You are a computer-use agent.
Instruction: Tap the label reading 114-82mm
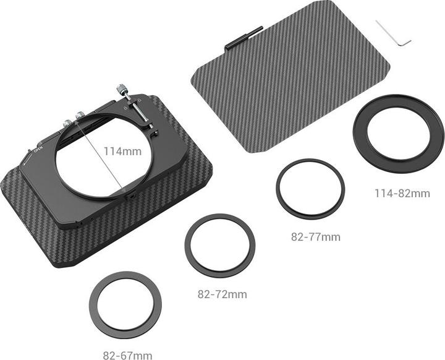tap(402, 194)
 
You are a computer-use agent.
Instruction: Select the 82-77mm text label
tap(315, 237)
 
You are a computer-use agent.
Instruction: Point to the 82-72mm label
tap(222, 294)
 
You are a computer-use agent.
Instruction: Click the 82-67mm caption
tap(127, 355)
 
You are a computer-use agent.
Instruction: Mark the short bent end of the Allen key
tap(405, 43)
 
